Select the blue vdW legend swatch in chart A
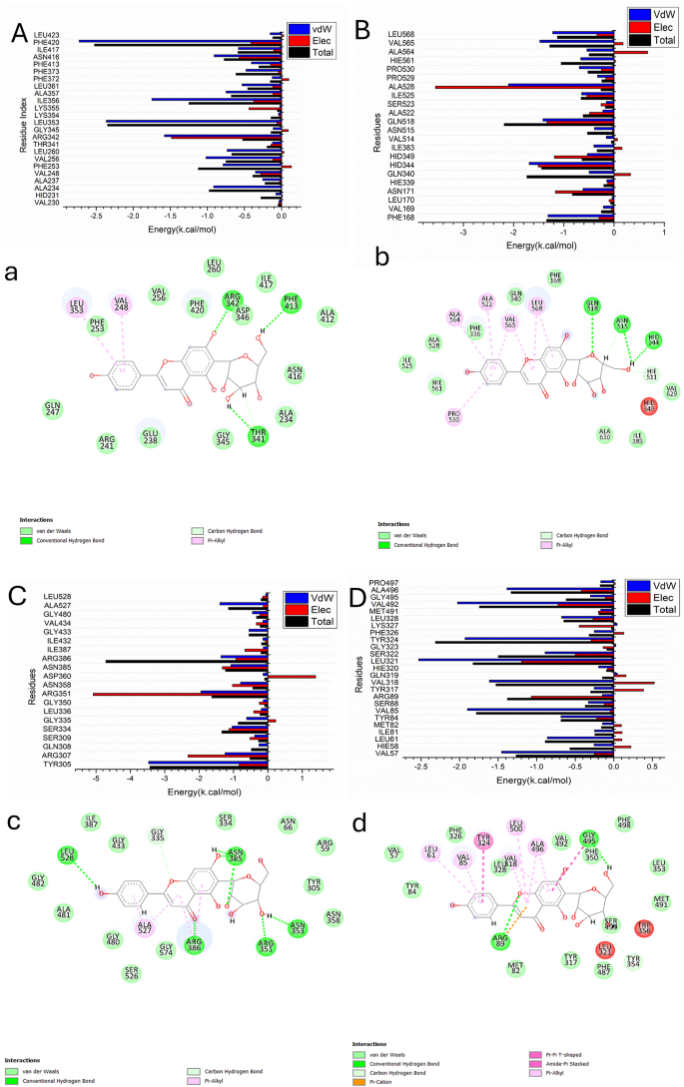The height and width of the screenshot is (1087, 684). [300, 29]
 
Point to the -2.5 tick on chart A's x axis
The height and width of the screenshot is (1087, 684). [97, 215]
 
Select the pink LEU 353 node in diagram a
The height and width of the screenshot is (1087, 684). [78, 305]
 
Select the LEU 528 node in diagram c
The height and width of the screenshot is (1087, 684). [67, 855]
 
